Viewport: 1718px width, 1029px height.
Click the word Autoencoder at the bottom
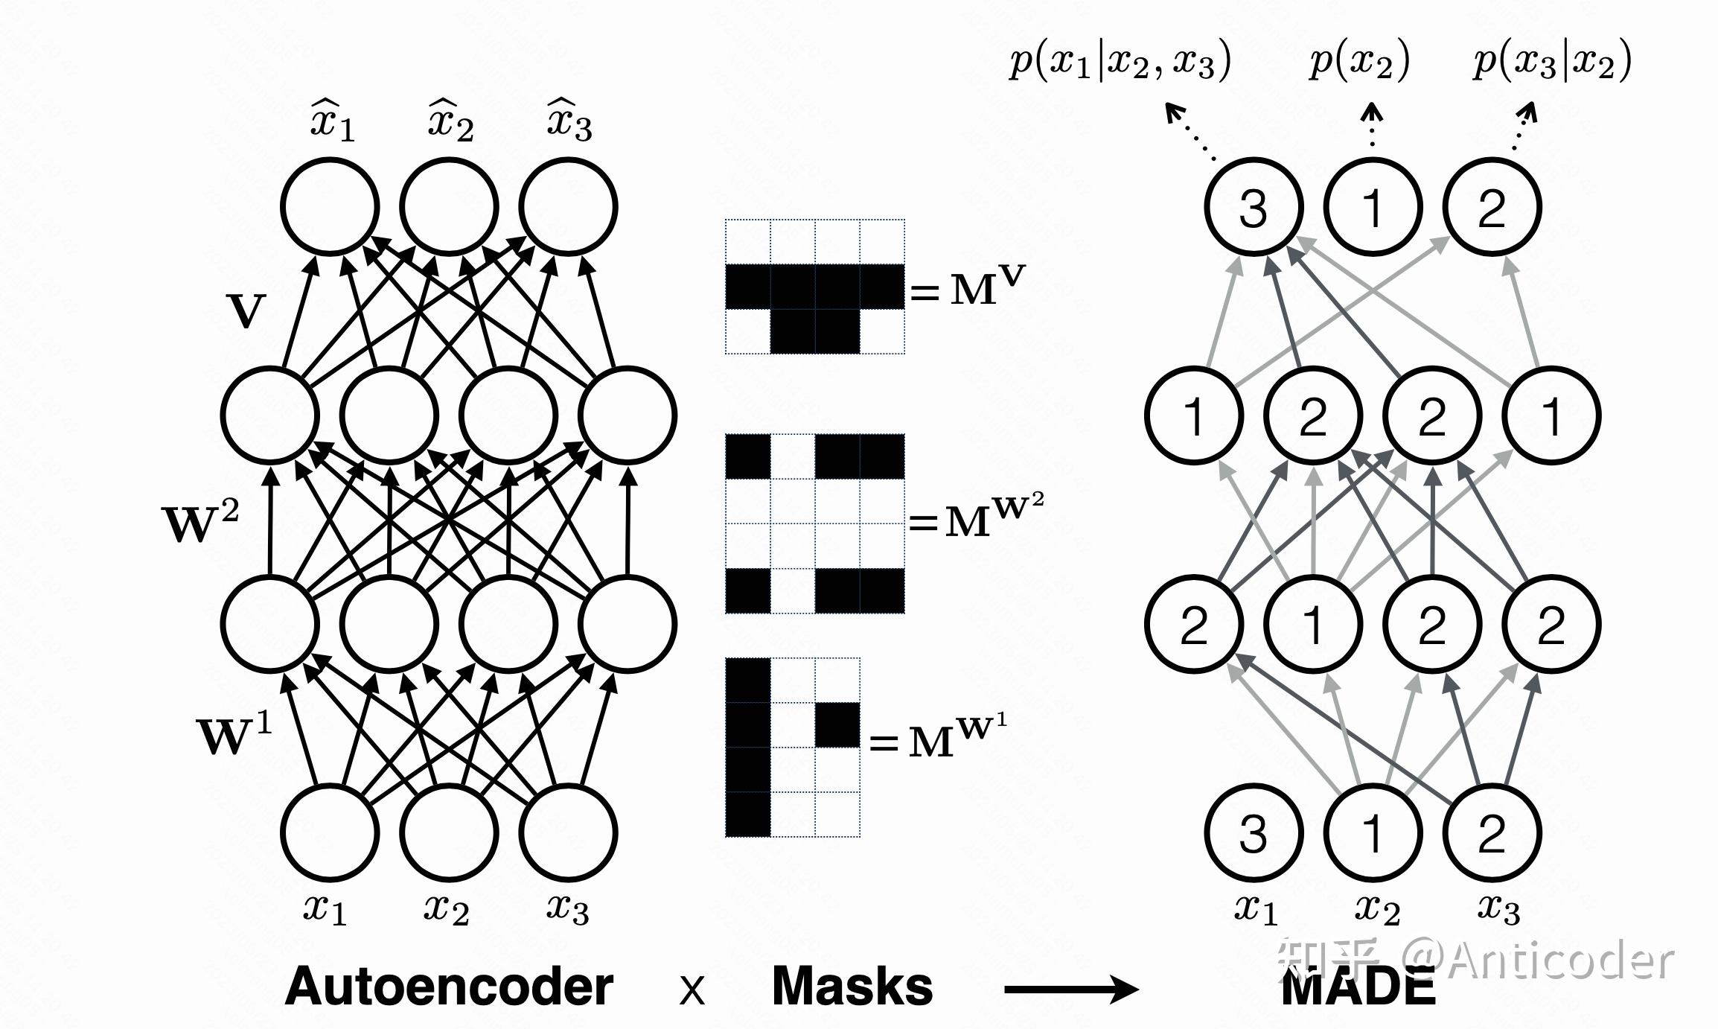pyautogui.click(x=449, y=987)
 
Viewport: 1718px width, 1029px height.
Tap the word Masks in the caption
pyautogui.click(x=852, y=986)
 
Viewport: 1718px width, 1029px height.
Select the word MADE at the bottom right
pyautogui.click(x=1359, y=987)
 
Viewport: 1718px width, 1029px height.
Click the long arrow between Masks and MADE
pyautogui.click(x=1071, y=990)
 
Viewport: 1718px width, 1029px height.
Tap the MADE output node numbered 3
pyautogui.click(x=1254, y=207)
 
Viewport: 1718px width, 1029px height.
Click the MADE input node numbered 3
pyautogui.click(x=1254, y=832)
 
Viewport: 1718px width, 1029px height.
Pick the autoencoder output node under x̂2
pyautogui.click(x=450, y=207)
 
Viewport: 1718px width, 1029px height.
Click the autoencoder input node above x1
pyautogui.click(x=330, y=832)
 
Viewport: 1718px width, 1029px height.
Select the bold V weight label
pyautogui.click(x=246, y=310)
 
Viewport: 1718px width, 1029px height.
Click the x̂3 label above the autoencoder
pyautogui.click(x=569, y=119)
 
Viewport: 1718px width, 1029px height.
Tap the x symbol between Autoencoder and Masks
pyautogui.click(x=692, y=991)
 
